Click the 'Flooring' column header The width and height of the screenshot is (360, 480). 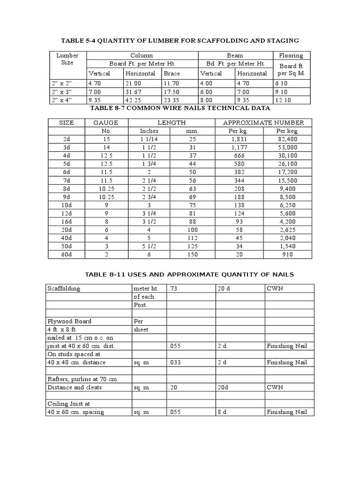pyautogui.click(x=291, y=55)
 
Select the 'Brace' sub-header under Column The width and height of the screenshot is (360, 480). pyautogui.click(x=172, y=73)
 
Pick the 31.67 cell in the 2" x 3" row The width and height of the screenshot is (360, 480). pyautogui.click(x=134, y=91)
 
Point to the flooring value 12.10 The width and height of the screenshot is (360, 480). pyautogui.click(x=286, y=100)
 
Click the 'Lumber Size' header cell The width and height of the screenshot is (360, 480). pyautogui.click(x=67, y=59)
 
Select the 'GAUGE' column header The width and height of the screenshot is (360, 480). pyautogui.click(x=105, y=122)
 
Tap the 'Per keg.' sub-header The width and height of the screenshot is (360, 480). pyautogui.click(x=287, y=131)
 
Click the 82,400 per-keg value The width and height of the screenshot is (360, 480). pyautogui.click(x=287, y=139)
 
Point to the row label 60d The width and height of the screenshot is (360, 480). pyautogui.click(x=67, y=255)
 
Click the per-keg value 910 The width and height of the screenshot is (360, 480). pyautogui.click(x=287, y=255)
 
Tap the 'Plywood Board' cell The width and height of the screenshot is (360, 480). pyautogui.click(x=69, y=321)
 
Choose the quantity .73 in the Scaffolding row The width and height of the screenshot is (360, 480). pyautogui.click(x=173, y=288)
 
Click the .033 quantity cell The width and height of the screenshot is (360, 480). pyautogui.click(x=175, y=362)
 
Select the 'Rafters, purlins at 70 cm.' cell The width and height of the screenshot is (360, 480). pyautogui.click(x=83, y=379)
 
